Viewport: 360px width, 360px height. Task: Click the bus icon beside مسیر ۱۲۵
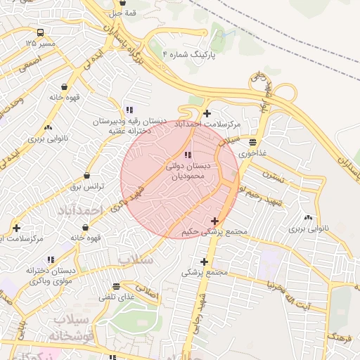click(x=41, y=32)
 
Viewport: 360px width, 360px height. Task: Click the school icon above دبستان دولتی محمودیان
click(x=186, y=155)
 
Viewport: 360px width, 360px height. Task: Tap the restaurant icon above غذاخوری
click(x=252, y=141)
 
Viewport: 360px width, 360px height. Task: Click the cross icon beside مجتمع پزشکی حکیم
click(x=214, y=221)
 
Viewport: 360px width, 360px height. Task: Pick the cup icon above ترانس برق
click(x=86, y=176)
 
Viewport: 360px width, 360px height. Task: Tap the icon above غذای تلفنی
click(x=116, y=286)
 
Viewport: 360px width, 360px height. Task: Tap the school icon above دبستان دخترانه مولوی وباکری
click(x=50, y=259)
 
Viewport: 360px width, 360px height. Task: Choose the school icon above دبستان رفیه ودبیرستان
click(x=129, y=110)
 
